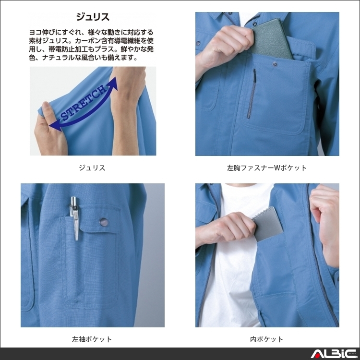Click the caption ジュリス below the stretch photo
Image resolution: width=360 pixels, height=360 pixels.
click(x=92, y=168)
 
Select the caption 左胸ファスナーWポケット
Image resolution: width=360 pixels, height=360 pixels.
click(x=267, y=168)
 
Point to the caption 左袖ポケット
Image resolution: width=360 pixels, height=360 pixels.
click(x=92, y=339)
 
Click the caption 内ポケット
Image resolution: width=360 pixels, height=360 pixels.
click(x=267, y=339)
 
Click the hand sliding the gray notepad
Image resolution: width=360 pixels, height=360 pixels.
click(x=230, y=226)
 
